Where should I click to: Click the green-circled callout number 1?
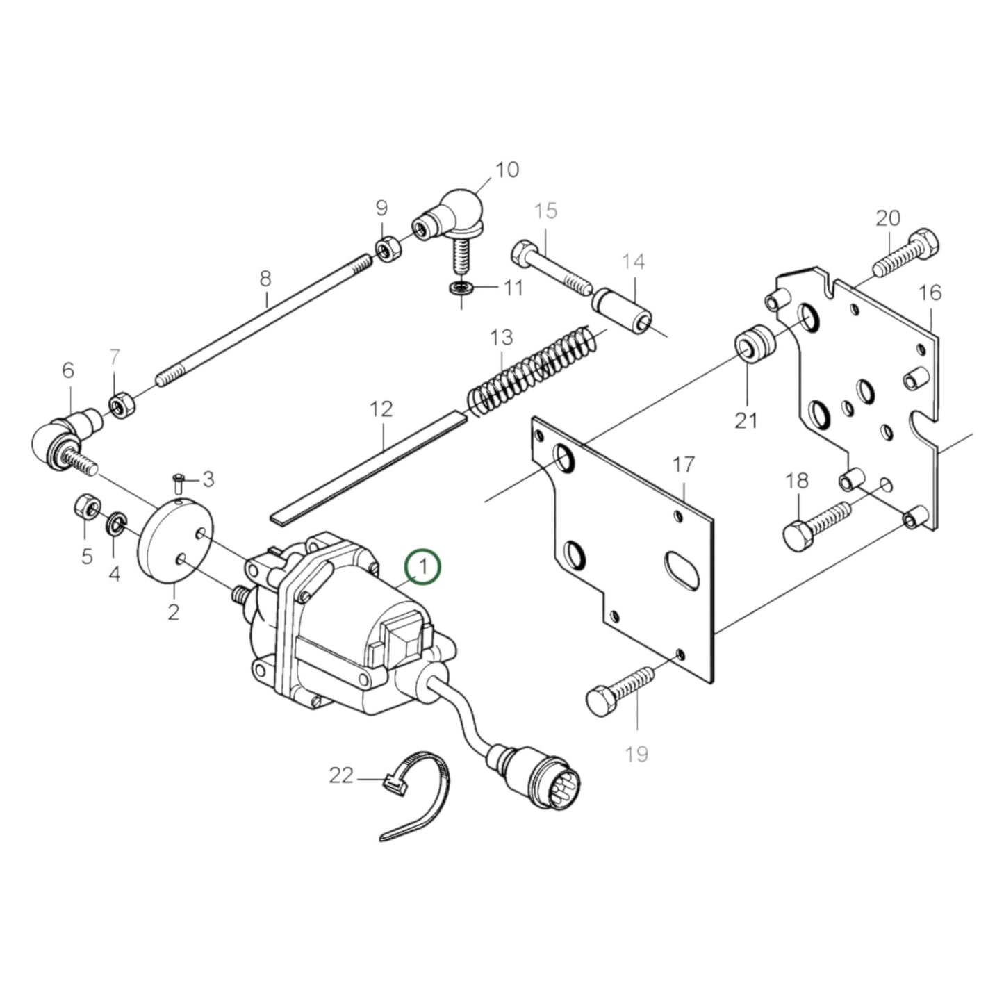[423, 566]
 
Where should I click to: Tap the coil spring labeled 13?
[532, 372]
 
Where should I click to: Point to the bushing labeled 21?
[753, 346]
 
